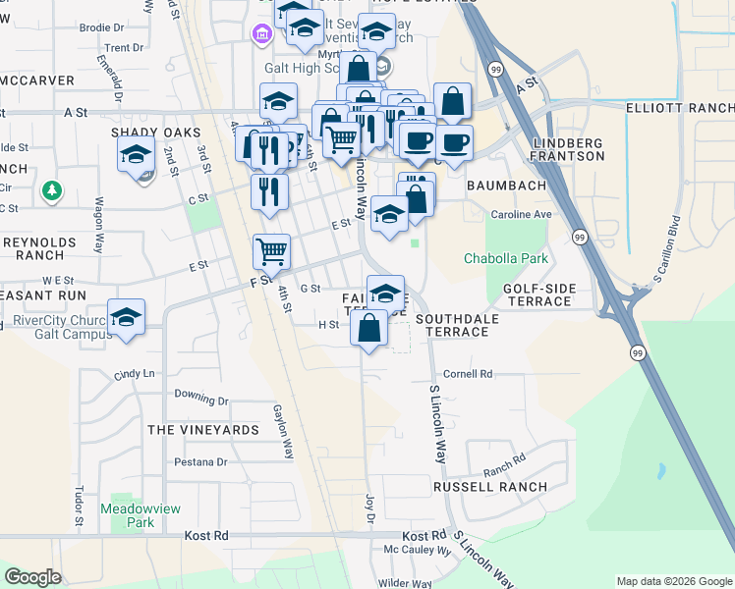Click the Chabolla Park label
[x=505, y=259]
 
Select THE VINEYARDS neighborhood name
[x=203, y=430]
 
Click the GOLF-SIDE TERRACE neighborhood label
[x=538, y=295]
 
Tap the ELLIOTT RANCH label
[x=680, y=112]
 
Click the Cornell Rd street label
[x=468, y=374]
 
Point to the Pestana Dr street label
[x=200, y=461]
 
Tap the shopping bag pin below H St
[x=368, y=327]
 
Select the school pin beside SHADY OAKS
[x=136, y=153]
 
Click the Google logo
[x=32, y=577]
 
